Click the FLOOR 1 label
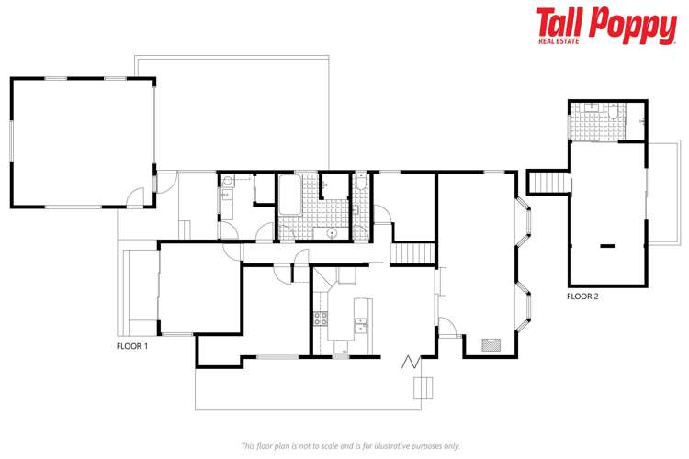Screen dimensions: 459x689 coord(132,346)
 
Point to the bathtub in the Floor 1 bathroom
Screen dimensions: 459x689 coord(288,195)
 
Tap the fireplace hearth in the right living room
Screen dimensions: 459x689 coord(492,346)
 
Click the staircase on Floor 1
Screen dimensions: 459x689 coord(412,253)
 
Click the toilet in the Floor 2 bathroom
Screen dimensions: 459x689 coord(640,119)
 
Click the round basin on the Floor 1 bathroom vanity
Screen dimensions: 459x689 coord(328,233)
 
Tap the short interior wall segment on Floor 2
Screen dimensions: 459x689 coord(606,245)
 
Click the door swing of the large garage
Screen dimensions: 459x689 coord(136,196)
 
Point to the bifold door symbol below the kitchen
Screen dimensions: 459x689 coord(409,362)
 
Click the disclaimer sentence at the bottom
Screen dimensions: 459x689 coord(350,445)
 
